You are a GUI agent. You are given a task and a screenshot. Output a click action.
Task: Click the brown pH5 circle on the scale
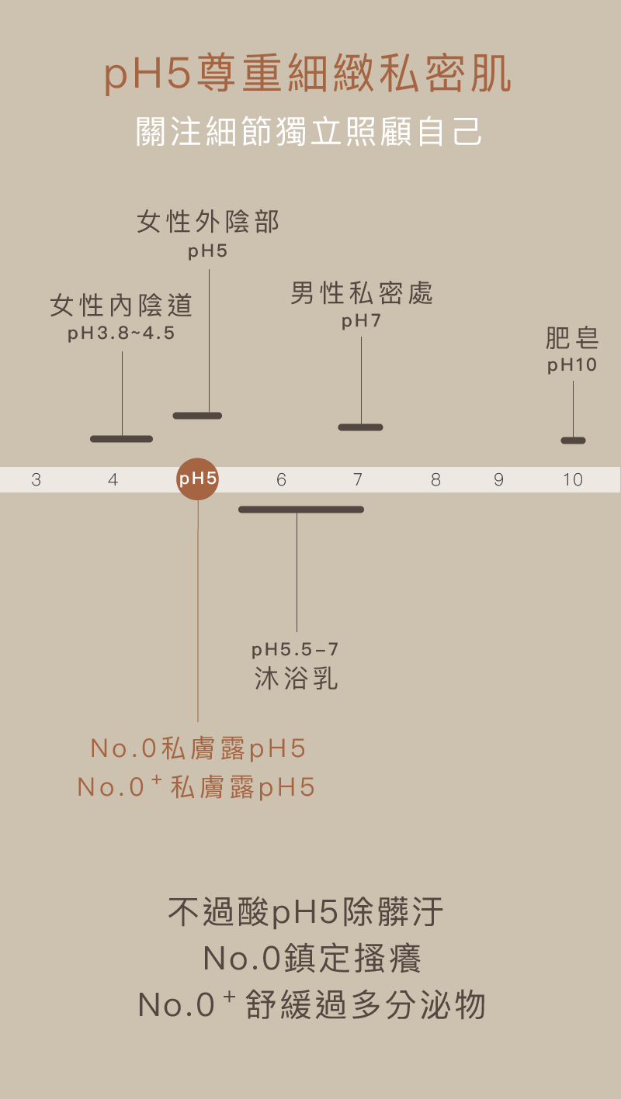coord(197,479)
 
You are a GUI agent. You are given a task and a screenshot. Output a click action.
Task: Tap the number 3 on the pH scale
coord(36,480)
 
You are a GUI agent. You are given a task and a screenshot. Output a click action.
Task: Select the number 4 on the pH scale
coord(113,480)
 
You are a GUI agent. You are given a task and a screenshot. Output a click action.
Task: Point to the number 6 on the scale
coord(281,480)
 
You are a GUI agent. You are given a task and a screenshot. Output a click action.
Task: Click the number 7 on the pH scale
coord(358,480)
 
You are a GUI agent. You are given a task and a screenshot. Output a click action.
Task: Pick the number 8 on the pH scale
coord(435,480)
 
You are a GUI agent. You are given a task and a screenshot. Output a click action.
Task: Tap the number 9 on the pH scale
coord(498,480)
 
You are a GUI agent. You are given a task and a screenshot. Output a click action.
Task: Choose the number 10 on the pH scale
coord(573,480)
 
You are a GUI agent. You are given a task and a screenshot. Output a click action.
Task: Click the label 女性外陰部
coord(208,223)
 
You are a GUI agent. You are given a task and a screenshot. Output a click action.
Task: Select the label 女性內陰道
coord(121,306)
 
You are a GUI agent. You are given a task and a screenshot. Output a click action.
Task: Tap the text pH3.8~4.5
coord(121,334)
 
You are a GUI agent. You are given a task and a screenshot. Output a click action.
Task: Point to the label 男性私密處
coord(362,293)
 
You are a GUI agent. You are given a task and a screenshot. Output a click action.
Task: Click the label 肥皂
coord(572,339)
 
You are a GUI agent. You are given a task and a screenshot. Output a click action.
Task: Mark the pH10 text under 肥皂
coord(572,365)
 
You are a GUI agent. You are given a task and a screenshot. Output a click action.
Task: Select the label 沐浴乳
coord(297,679)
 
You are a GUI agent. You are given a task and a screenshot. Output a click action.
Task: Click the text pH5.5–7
coord(295,649)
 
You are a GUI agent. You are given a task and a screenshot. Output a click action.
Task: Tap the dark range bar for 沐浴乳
coord(300,510)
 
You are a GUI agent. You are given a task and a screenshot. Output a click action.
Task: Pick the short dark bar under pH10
coord(573,441)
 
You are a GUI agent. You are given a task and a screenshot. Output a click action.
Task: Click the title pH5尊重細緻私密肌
coord(309,75)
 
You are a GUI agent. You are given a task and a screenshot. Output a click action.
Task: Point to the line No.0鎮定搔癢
coord(312,959)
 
